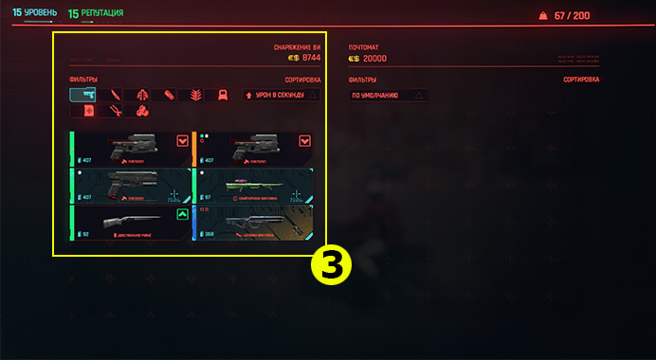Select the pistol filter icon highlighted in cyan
(82, 95)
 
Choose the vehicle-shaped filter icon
(220, 95)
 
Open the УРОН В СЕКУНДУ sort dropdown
(282, 95)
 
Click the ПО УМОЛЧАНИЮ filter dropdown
(388, 95)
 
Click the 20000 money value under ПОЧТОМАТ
(376, 58)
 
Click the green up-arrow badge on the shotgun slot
(182, 214)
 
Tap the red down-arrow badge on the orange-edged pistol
(305, 140)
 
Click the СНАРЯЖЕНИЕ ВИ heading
(298, 46)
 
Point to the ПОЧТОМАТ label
(364, 46)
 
